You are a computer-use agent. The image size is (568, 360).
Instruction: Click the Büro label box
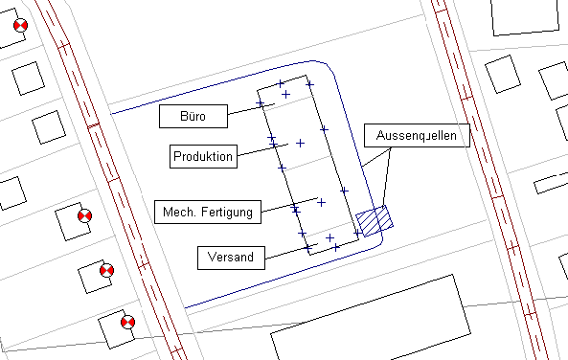click(x=193, y=116)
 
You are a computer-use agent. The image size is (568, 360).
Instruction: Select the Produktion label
click(x=203, y=156)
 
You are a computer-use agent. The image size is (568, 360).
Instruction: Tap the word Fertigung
click(x=227, y=212)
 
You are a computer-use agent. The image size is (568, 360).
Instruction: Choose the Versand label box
click(x=231, y=258)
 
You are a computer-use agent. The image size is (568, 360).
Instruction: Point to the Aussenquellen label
click(x=417, y=135)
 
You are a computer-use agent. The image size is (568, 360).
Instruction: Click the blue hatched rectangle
click(x=375, y=221)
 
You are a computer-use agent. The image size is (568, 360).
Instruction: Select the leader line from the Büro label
click(x=251, y=109)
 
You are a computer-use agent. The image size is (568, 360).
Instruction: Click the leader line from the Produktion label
click(x=262, y=150)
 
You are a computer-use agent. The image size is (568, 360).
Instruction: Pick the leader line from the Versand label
click(x=291, y=252)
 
